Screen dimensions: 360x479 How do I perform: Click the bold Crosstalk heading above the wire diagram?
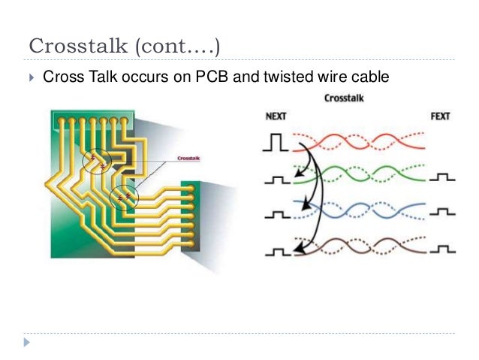pyautogui.click(x=345, y=98)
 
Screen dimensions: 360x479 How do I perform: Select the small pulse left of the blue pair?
pyautogui.click(x=276, y=214)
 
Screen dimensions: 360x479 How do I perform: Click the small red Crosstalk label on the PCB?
pyautogui.click(x=188, y=159)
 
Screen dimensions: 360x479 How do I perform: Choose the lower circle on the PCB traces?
pyautogui.click(x=124, y=198)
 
